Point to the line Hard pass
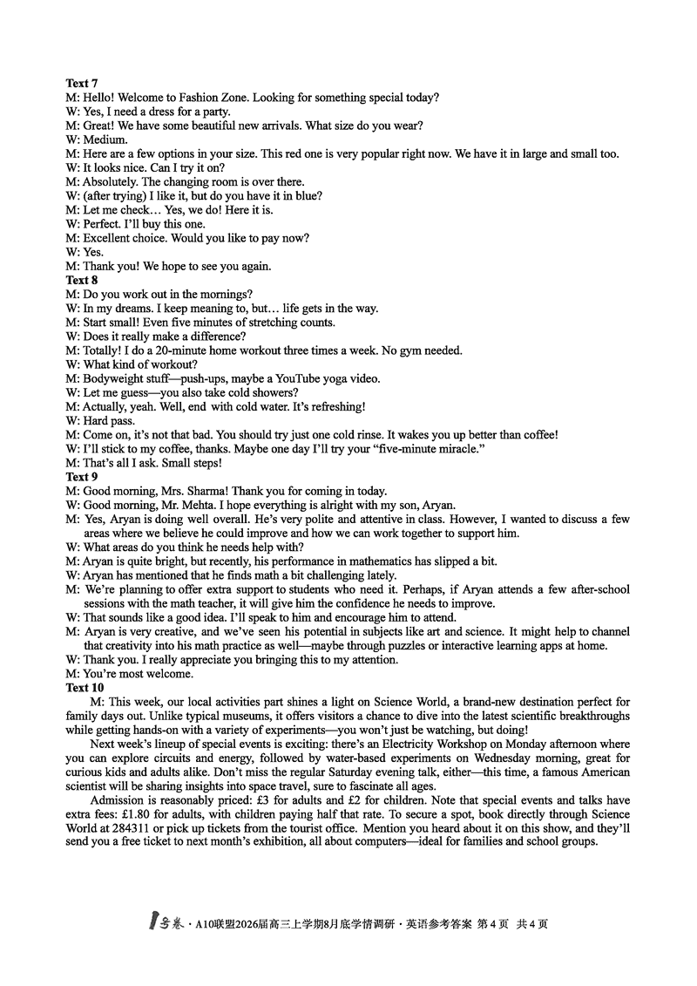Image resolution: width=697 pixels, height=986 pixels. [108, 421]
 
